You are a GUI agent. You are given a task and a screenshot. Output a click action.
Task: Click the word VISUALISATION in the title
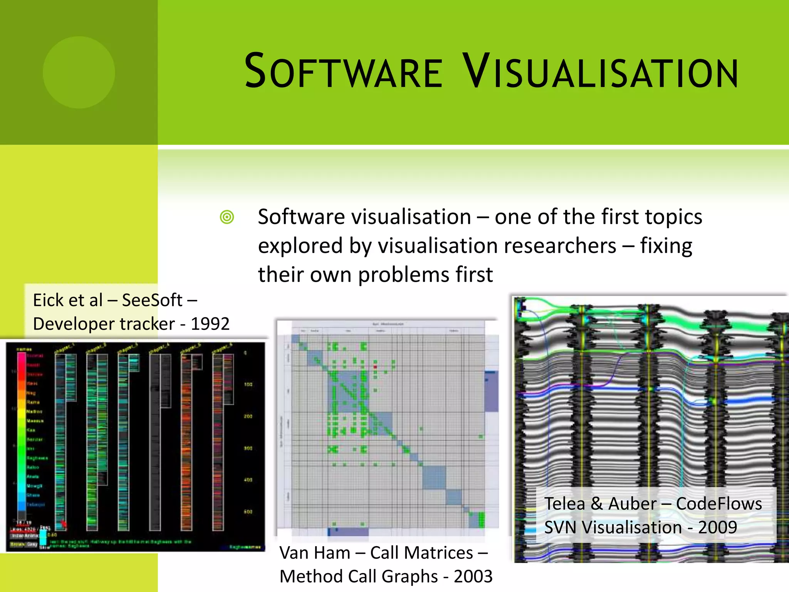click(x=600, y=72)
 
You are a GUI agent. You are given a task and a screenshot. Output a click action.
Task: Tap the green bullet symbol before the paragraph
click(x=227, y=217)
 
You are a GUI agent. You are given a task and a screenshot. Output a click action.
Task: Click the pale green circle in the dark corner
click(x=79, y=72)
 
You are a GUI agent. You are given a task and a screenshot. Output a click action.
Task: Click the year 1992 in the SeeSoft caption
click(x=210, y=324)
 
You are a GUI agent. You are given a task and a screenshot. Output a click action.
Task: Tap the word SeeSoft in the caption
click(x=152, y=300)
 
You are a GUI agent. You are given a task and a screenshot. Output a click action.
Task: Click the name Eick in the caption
click(x=49, y=300)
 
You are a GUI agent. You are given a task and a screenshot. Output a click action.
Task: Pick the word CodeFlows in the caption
click(x=718, y=504)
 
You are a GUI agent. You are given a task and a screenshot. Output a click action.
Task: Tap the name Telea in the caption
click(x=564, y=504)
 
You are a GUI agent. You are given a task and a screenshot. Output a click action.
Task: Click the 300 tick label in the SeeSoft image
click(x=248, y=448)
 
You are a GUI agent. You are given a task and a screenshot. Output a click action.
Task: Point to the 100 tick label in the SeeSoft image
click(x=248, y=384)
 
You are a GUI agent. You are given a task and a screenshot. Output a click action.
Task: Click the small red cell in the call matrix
click(x=375, y=367)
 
